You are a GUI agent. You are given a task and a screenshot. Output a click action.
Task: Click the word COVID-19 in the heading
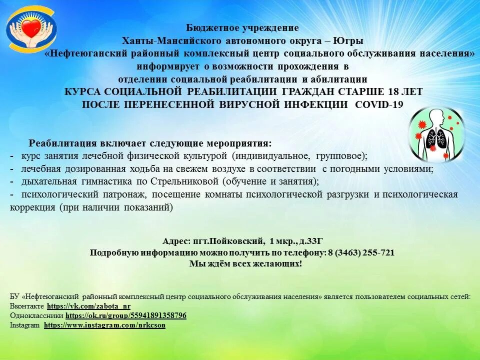378,104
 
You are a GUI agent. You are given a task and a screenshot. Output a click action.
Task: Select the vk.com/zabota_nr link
88,306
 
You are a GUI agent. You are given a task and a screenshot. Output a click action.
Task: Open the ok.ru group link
126,315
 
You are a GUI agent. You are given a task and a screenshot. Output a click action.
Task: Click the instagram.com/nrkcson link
104,325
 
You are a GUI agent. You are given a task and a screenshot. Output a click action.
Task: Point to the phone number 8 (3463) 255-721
361,252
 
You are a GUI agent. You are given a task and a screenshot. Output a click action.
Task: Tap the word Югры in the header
346,40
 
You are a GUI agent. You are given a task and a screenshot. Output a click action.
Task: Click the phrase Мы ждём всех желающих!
245,263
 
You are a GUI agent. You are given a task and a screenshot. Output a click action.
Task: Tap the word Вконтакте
26,306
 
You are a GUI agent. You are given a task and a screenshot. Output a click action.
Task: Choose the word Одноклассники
36,315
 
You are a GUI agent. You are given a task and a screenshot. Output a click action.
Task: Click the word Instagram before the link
24,325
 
